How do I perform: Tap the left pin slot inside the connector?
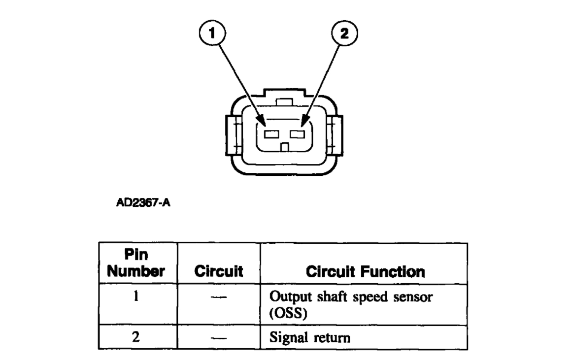(x=271, y=133)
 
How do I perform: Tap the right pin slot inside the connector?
(x=297, y=133)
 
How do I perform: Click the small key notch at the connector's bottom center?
(x=284, y=146)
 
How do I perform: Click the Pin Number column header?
(x=138, y=264)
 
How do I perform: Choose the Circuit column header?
(x=218, y=271)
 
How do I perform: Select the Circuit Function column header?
(x=364, y=271)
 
